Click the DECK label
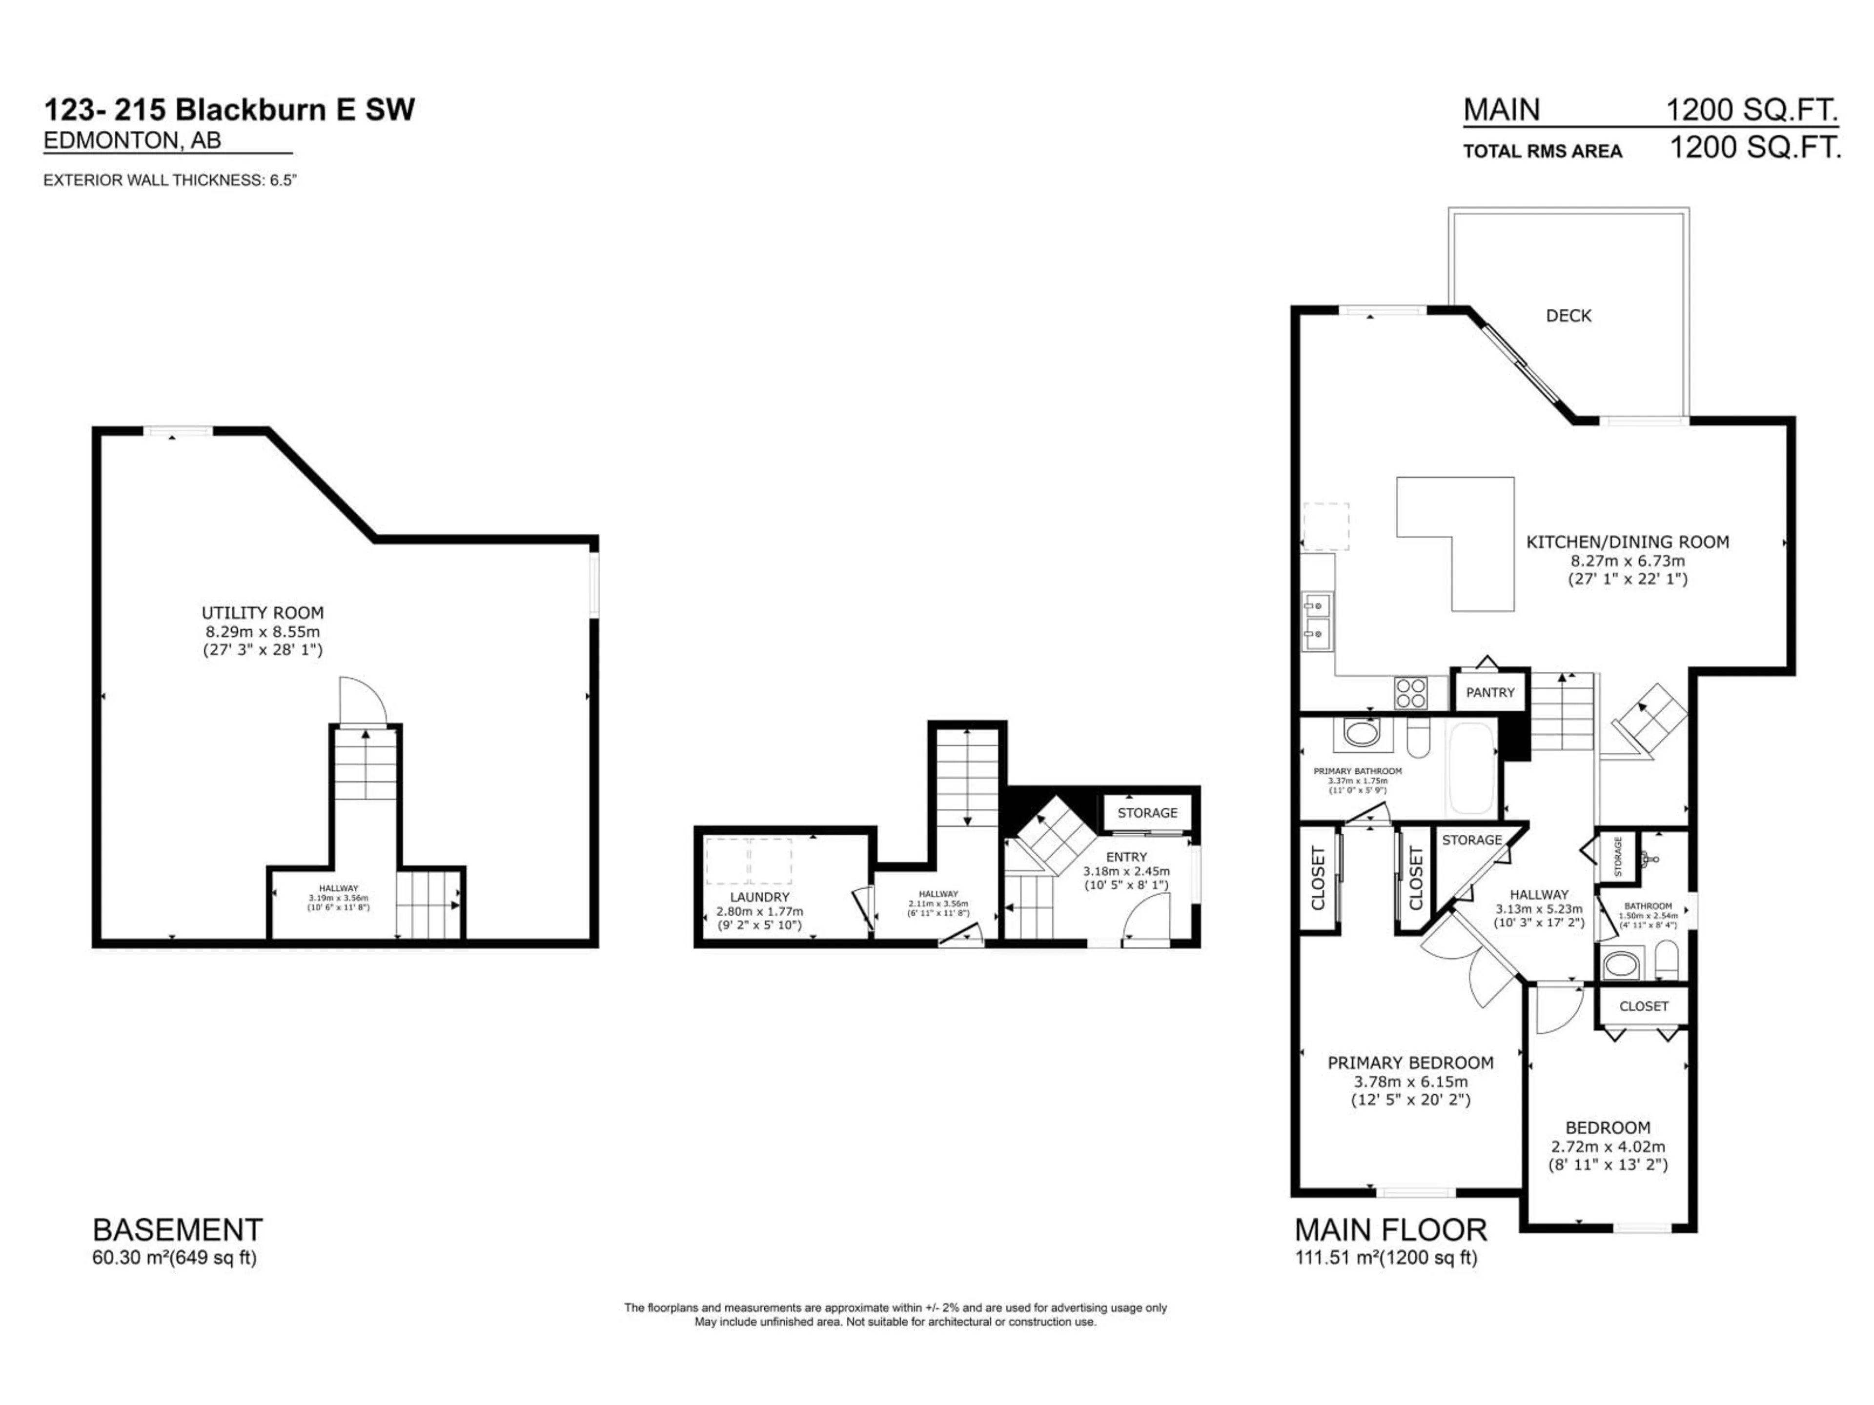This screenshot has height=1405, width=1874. [x=1568, y=316]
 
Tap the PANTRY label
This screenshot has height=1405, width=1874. [x=1490, y=692]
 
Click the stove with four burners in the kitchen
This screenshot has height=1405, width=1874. [x=1410, y=693]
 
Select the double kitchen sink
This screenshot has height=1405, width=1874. [x=1317, y=620]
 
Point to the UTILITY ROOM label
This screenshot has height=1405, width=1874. [x=263, y=612]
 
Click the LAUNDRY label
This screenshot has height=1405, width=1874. [x=759, y=897]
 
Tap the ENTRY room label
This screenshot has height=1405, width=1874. [x=1126, y=857]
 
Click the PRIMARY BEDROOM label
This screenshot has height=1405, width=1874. [x=1410, y=1063]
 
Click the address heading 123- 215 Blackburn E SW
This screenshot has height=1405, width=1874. [x=229, y=110]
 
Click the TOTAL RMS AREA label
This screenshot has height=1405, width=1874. [x=1542, y=152]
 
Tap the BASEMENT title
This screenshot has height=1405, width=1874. [x=177, y=1230]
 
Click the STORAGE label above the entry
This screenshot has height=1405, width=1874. [x=1147, y=813]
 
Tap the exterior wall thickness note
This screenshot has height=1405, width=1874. [x=169, y=181]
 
